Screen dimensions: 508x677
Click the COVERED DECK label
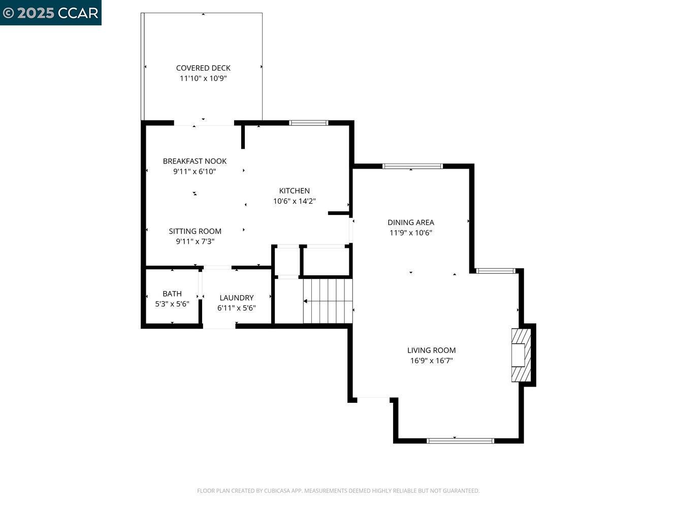[x=203, y=68]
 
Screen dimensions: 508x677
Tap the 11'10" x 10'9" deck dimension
[x=203, y=78]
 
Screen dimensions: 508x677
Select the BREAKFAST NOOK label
[x=195, y=161]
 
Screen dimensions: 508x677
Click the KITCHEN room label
[x=294, y=190]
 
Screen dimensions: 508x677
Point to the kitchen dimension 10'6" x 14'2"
[x=294, y=201]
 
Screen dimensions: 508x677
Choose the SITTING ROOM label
[x=195, y=231]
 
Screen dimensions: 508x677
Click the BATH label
[x=172, y=294]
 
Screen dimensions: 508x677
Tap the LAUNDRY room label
[x=236, y=298]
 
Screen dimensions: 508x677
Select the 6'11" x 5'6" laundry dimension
[x=236, y=308]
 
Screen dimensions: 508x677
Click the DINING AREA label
[x=410, y=222]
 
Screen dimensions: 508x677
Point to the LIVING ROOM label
[x=431, y=350]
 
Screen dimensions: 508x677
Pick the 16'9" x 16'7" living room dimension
[x=431, y=361]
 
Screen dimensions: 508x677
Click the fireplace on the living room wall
[x=521, y=355]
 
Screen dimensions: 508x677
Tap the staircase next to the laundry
[x=328, y=301]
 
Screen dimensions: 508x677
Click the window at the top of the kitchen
[x=308, y=122]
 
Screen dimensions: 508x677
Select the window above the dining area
[x=412, y=166]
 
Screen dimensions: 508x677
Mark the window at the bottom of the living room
[x=460, y=440]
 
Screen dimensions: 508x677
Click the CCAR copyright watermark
[x=51, y=13]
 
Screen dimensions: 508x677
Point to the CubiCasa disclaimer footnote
[x=338, y=491]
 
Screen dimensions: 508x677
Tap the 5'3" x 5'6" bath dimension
[x=172, y=304]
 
